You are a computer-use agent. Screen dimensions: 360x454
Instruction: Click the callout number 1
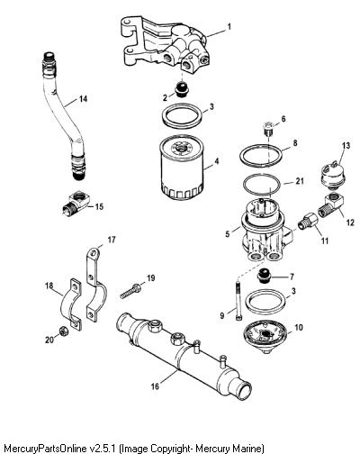point(229,27)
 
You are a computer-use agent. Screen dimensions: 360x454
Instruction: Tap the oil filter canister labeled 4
point(180,168)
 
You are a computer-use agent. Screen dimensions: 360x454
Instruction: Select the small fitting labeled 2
point(181,89)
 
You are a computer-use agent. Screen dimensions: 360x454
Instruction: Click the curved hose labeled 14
point(62,115)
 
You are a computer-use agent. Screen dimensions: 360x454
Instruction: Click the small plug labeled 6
point(268,129)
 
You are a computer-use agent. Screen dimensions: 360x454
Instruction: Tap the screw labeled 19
point(131,291)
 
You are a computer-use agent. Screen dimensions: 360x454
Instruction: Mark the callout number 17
point(112,240)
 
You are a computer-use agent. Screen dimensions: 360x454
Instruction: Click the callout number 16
point(155,386)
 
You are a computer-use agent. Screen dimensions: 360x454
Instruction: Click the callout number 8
point(295,143)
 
